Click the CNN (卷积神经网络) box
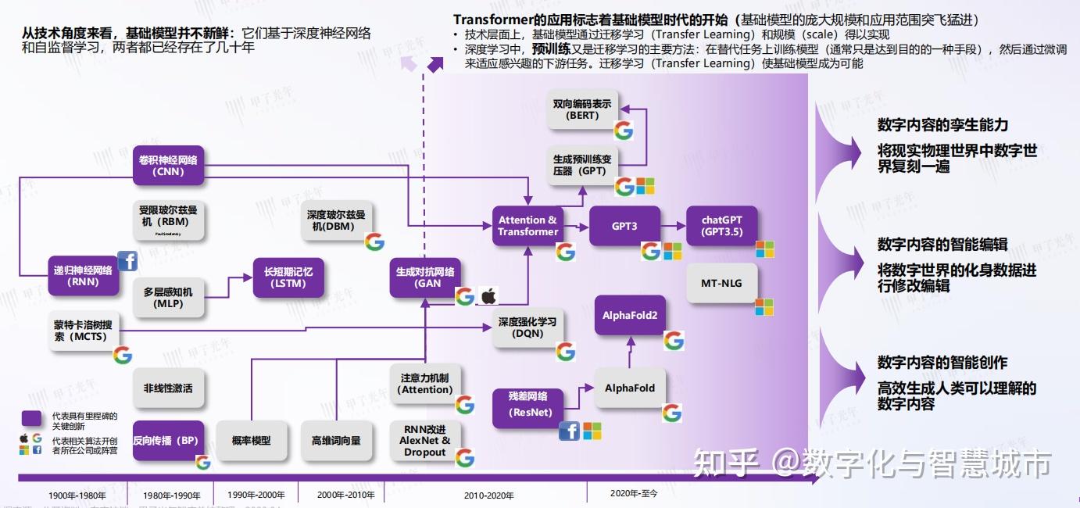pos(168,165)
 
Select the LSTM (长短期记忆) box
pos(288,277)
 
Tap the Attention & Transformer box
pos(528,226)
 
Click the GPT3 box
pos(624,226)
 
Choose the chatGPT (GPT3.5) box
pos(721,226)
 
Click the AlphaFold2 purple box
pos(630,315)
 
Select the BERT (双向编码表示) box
pos(582,109)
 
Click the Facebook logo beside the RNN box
pos(127,260)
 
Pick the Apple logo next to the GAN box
pos(488,296)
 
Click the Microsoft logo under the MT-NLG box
pos(764,307)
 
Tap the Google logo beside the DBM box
pos(375,241)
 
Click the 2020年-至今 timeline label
pos(634,493)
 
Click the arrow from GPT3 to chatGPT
pos(673,226)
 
